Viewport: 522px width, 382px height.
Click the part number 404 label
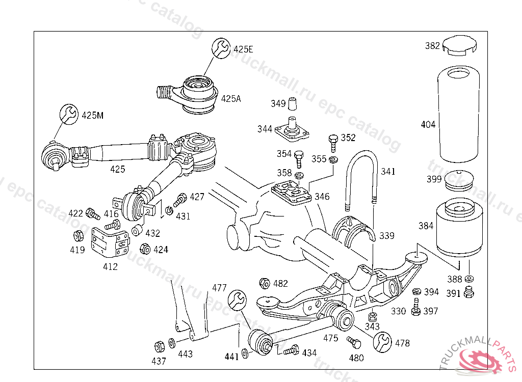428,124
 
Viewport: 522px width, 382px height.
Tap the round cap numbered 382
459,45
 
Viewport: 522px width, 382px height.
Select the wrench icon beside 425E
221,48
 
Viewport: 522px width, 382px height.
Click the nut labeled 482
265,284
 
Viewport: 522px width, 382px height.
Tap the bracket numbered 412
111,242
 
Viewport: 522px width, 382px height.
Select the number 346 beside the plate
322,196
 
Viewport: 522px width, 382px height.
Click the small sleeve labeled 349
292,103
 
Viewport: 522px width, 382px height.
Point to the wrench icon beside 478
382,342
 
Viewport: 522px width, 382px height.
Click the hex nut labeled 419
79,236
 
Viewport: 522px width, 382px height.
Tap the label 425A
231,98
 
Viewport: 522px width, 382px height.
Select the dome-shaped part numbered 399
459,181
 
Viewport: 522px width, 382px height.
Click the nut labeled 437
160,347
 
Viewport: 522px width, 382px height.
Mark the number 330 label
398,311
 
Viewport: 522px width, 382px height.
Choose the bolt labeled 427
180,200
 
